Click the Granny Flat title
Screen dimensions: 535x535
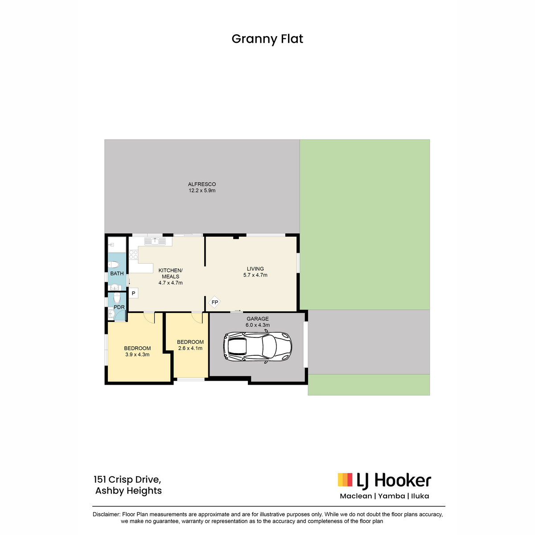[x=267, y=39]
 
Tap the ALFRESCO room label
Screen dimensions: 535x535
[x=202, y=184]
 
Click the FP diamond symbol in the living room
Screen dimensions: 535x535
[x=214, y=302]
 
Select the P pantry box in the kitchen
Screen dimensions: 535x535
[x=134, y=293]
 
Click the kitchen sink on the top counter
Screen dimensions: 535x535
[x=155, y=241]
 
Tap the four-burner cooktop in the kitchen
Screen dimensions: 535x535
[x=134, y=255]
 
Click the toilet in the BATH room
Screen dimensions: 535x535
[x=114, y=264]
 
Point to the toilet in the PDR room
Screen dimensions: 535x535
[x=117, y=298]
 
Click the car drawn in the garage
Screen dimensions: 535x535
[x=258, y=346]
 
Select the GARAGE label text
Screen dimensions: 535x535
[x=258, y=319]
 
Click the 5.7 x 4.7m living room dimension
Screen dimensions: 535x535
[x=255, y=275]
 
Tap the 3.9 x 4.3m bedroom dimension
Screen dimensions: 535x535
[x=137, y=354]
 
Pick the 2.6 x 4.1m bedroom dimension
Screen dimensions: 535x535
[x=190, y=348]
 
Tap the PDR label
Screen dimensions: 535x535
[x=119, y=307]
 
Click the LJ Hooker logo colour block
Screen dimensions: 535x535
[x=345, y=480]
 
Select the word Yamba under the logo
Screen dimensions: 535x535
[x=391, y=496]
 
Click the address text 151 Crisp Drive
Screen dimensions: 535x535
[x=128, y=479]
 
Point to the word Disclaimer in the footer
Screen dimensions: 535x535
[x=107, y=514]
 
